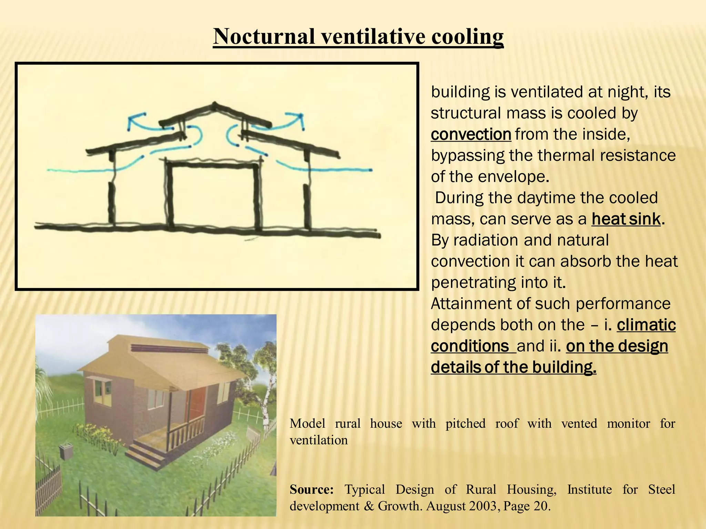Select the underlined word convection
471,134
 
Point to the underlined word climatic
646,325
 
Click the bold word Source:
311,489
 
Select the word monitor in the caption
628,423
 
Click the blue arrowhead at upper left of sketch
131,119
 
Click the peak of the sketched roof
214,104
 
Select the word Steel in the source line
661,489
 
